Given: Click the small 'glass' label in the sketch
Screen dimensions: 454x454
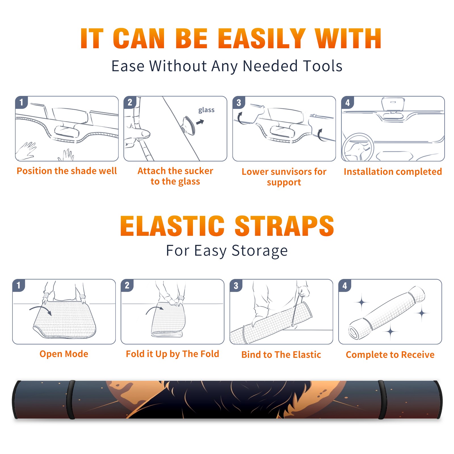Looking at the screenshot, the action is [x=206, y=110].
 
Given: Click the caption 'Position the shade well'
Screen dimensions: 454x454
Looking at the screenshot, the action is [x=67, y=171].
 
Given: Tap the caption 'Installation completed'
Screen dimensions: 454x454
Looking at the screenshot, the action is [x=393, y=172].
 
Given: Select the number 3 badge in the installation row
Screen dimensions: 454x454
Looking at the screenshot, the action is [x=239, y=102].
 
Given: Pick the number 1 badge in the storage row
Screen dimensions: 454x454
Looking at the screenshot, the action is [x=19, y=285].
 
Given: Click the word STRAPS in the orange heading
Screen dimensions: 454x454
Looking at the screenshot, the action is [x=284, y=226].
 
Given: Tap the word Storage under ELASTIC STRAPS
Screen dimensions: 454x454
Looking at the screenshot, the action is [x=260, y=251].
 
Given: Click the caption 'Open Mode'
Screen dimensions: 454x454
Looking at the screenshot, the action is [x=64, y=354].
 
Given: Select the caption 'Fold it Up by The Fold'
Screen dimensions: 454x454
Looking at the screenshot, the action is [x=173, y=354].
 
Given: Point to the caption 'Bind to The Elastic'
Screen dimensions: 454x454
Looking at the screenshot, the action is [x=281, y=355].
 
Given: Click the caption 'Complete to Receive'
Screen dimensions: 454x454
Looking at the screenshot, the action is [x=390, y=355].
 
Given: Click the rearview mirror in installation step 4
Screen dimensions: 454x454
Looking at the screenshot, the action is [x=393, y=104].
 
